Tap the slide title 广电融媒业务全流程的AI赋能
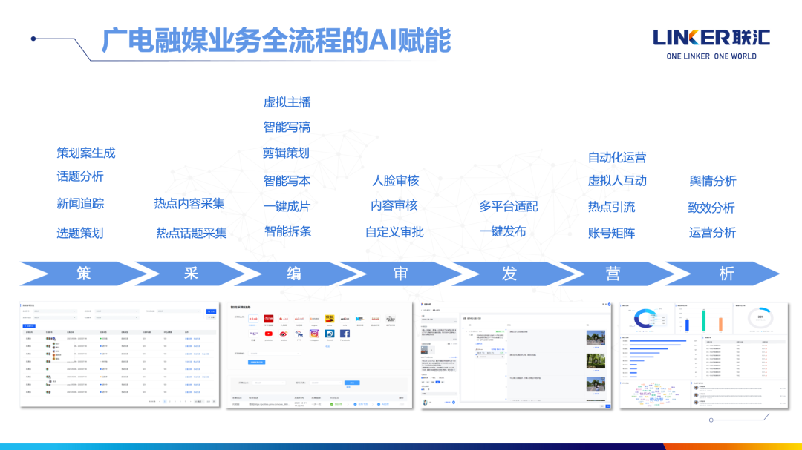pos(276,41)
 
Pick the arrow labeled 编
pos(294,274)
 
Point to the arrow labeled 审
pos(400,274)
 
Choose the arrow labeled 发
pos(509,274)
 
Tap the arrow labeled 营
pos(613,274)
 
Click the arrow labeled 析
pos(726,274)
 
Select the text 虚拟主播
pos(287,102)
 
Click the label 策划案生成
pos(86,153)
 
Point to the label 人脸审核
pos(395,180)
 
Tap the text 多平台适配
pos(508,206)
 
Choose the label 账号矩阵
pos(611,233)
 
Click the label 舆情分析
pos(712,181)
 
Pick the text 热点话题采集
pos(191,233)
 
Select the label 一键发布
pos(503,231)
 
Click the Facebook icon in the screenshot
pos(345,334)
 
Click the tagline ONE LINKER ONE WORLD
pos(711,56)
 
